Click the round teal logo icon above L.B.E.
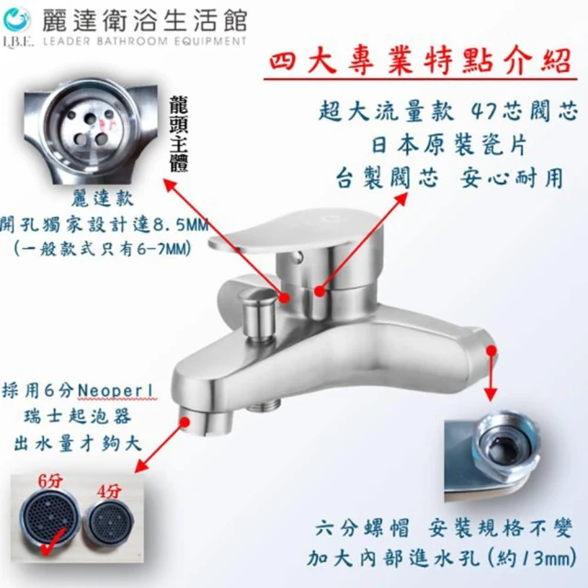pos(17,20)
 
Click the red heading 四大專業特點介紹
pos(420,62)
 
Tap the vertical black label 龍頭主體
pos(178,134)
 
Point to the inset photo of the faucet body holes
pos(90,130)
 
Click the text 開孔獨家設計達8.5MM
pos(104,224)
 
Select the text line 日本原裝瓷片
pos(449,145)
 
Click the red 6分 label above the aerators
pos(51,481)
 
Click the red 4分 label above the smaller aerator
pos(108,492)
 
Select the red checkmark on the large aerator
pos(53,543)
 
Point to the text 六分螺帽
pos(362,528)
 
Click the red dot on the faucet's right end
pos(492,350)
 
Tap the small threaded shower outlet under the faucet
pos(264,404)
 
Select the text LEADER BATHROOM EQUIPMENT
pos(144,40)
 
